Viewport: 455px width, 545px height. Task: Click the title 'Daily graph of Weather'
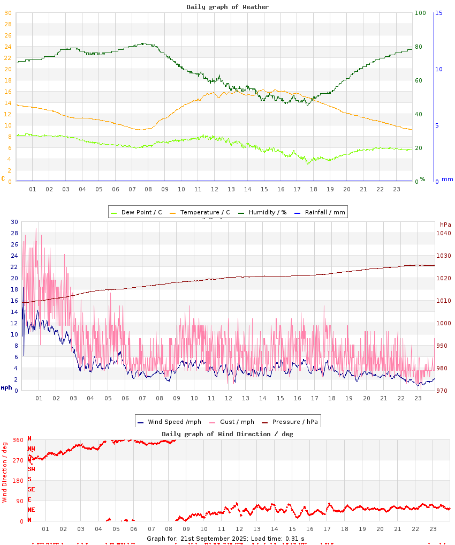(227, 7)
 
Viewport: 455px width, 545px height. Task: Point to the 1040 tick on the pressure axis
(444, 233)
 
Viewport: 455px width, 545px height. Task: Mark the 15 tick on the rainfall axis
(438, 13)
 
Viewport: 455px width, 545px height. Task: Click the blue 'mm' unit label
(447, 179)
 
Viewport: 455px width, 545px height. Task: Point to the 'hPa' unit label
(445, 224)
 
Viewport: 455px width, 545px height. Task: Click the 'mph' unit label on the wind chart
(6, 387)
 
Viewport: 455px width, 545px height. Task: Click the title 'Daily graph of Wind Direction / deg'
(227, 434)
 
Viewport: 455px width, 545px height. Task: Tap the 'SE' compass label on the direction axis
(31, 489)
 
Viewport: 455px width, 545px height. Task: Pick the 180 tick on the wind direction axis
(18, 481)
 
